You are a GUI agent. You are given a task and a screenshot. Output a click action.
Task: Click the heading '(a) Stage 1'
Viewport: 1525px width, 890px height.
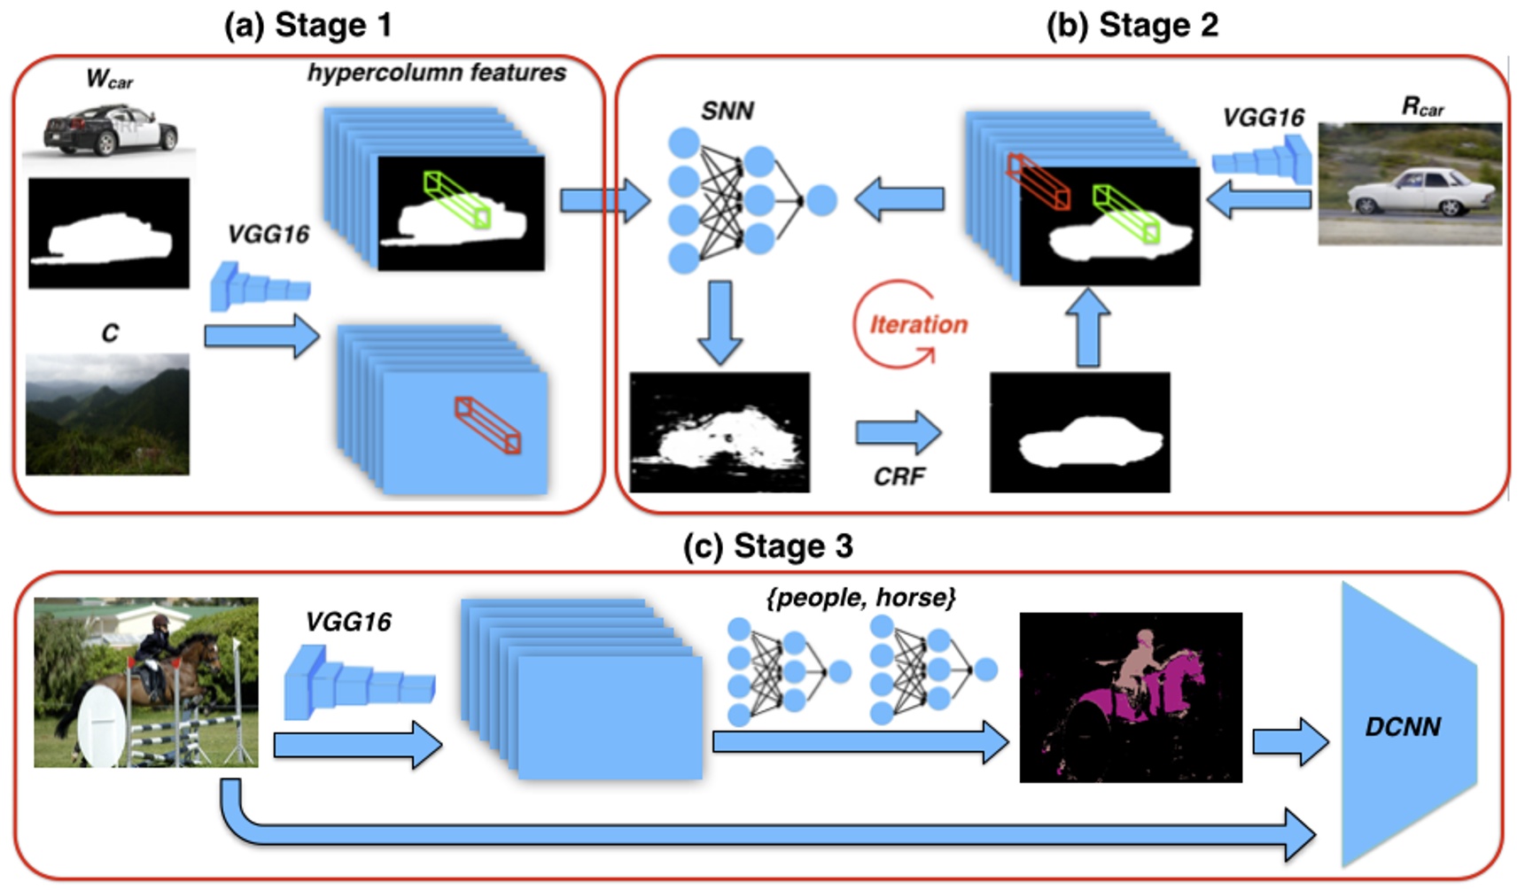[x=307, y=25]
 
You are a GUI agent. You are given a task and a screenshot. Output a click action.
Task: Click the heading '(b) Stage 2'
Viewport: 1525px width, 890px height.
[x=1132, y=25]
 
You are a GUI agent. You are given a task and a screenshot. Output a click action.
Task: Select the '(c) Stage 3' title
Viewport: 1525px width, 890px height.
[x=767, y=546]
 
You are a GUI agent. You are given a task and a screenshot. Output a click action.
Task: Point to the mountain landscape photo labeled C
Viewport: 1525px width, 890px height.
[x=107, y=414]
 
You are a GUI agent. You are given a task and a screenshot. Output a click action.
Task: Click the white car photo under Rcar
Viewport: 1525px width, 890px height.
[x=1409, y=184]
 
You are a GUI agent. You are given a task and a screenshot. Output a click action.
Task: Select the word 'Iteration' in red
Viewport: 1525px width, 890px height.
[x=918, y=324]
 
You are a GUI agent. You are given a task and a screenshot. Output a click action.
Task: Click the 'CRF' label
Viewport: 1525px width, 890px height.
[x=899, y=476]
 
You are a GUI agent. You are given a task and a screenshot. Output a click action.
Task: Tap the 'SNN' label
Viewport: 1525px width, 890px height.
[x=727, y=112]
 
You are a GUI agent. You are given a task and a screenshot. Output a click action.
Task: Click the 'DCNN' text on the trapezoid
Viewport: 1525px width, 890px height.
[x=1403, y=727]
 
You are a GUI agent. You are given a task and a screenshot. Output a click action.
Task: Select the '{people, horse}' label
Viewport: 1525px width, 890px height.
[x=860, y=598]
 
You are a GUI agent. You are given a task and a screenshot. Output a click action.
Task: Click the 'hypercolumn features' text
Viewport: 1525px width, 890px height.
[x=436, y=73]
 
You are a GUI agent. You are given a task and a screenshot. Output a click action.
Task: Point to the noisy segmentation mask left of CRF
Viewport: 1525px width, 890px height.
[x=719, y=432]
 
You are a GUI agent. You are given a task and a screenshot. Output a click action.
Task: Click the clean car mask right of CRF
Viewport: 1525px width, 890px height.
[x=1079, y=432]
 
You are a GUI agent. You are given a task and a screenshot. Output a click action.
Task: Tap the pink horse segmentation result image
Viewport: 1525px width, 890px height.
[x=1130, y=697]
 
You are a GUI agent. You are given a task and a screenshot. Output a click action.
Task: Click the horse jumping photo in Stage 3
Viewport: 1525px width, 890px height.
[x=146, y=682]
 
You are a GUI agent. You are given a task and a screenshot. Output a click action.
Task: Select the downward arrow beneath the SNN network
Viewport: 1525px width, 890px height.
[x=720, y=322]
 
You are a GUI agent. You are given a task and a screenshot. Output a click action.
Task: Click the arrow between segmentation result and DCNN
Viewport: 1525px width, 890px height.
[x=1289, y=741]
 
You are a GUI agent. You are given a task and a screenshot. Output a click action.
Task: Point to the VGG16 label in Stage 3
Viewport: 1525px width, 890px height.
[x=347, y=622]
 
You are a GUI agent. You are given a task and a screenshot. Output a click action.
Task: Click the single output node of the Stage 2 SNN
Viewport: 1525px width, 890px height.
[x=821, y=201]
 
